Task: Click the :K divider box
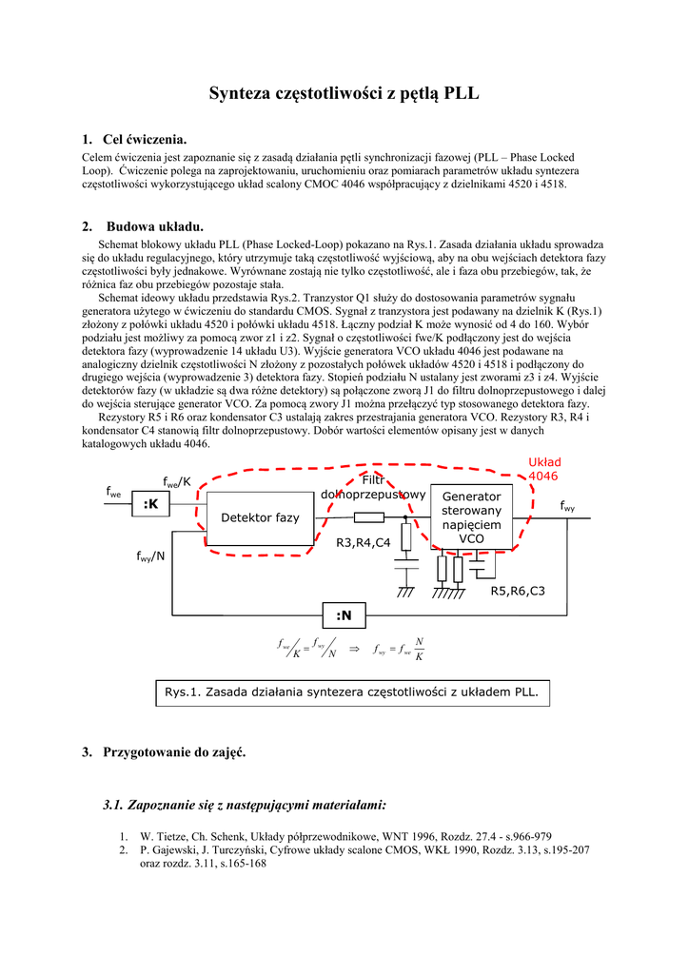150,504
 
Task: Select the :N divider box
344,615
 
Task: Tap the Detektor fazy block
260,517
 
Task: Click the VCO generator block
471,517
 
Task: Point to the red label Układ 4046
543,469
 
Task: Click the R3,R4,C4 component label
364,542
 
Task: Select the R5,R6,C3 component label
518,592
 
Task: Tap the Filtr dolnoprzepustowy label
373,487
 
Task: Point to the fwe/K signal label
177,482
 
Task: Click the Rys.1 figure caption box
351,692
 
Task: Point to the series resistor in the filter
369,517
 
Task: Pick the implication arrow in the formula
355,649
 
